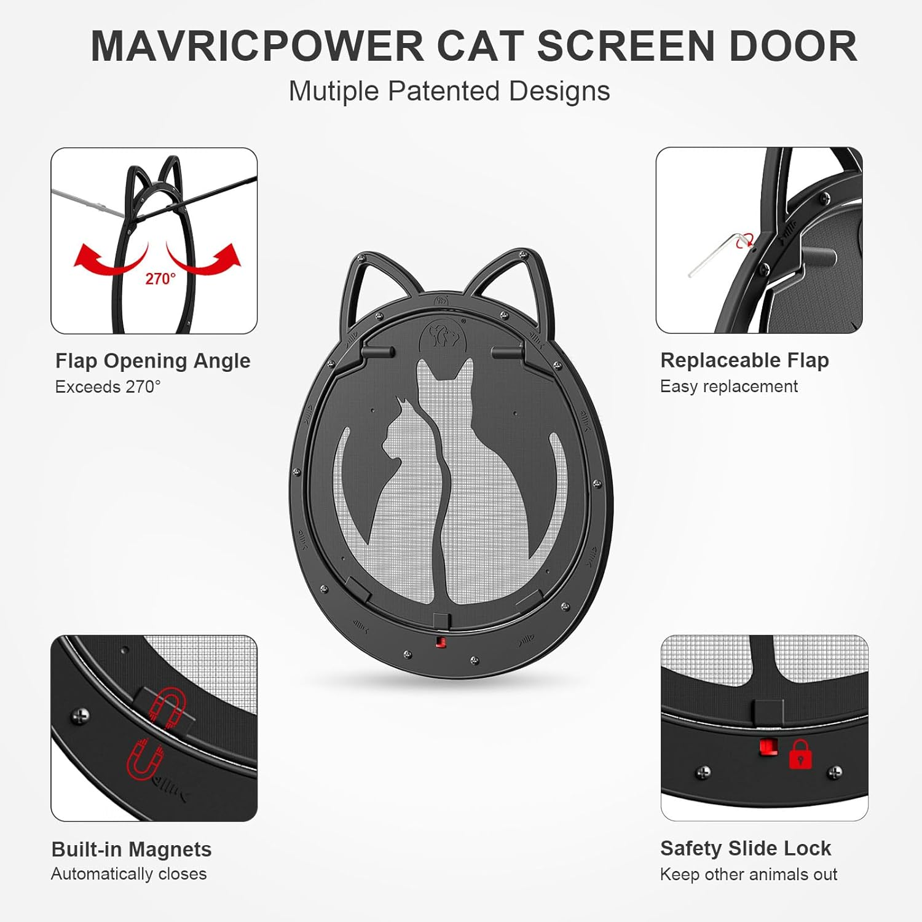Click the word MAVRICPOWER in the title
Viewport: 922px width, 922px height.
[x=258, y=47]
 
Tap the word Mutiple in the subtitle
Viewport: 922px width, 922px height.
[x=333, y=92]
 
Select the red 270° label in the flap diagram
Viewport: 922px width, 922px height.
[x=160, y=279]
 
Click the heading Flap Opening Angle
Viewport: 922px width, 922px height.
[x=152, y=361]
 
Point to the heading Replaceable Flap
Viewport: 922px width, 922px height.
[x=744, y=360]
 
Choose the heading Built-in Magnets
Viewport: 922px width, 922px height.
[x=132, y=849]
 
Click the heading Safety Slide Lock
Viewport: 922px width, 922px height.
[x=745, y=849]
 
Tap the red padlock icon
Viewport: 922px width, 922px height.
[x=800, y=755]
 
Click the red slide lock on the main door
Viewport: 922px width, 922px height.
[x=440, y=642]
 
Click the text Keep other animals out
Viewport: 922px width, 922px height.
[x=748, y=875]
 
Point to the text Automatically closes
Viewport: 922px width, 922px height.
[x=129, y=874]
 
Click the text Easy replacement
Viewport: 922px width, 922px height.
[x=728, y=387]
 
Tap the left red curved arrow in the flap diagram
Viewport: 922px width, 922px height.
[x=108, y=259]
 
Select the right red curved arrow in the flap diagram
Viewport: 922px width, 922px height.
[x=206, y=259]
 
